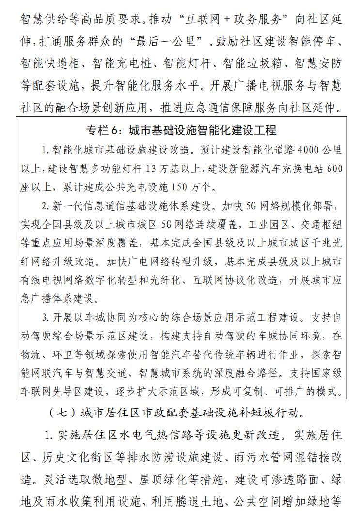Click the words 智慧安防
[x=318, y=63]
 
